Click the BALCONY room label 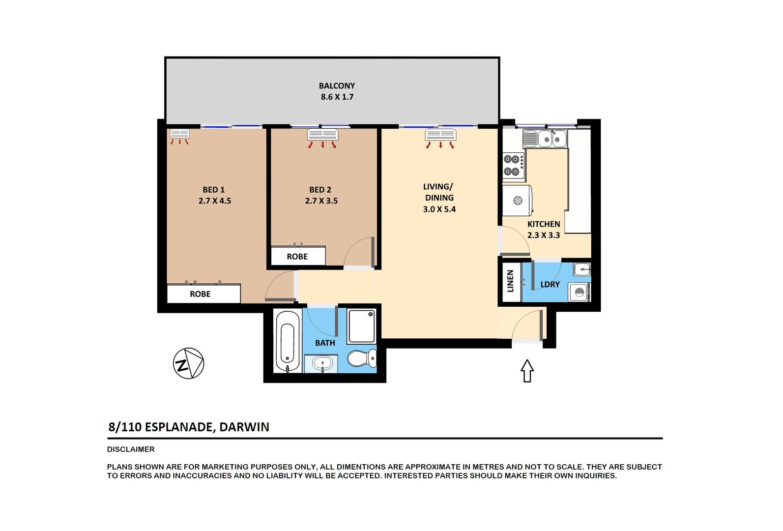[x=337, y=86]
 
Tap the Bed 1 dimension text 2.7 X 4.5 [x=215, y=201]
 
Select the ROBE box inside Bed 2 [x=298, y=256]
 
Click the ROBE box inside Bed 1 [x=203, y=294]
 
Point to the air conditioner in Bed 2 [x=322, y=135]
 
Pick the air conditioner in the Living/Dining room [x=440, y=135]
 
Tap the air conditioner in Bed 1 [x=180, y=134]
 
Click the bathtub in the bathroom [x=288, y=341]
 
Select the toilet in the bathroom [x=362, y=358]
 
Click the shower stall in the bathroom [x=361, y=326]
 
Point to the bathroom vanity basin [x=321, y=363]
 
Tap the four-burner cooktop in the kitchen [x=514, y=165]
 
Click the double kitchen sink [x=545, y=139]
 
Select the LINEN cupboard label [x=510, y=281]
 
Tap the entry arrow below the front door [x=527, y=371]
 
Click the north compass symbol [x=188, y=363]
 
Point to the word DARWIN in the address [x=244, y=427]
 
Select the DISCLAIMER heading [x=131, y=449]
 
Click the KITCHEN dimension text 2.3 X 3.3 [x=544, y=235]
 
